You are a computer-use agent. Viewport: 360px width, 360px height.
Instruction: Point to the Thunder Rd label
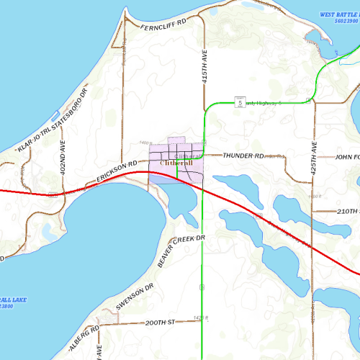coord(243,156)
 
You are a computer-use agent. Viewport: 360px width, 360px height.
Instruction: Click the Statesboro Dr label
coord(71,109)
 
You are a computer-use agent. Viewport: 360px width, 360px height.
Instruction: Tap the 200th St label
coord(161,323)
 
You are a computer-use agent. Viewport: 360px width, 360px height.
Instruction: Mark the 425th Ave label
coord(314,156)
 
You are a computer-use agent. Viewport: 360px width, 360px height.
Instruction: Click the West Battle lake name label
coord(338,14)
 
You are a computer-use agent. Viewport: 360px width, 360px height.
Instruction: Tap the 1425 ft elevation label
coord(201,318)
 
